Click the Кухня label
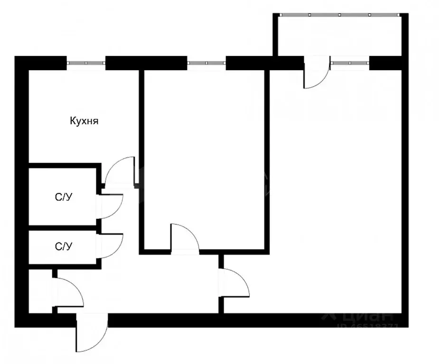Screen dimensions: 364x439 (84, 121)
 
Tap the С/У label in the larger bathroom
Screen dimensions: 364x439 (64, 198)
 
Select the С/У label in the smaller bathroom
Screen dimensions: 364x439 (64, 246)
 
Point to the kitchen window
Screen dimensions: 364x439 (85, 63)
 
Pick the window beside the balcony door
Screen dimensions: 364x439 (350, 63)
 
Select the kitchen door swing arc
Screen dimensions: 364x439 (119, 171)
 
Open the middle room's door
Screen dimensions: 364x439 (185, 238)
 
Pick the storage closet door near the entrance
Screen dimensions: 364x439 (68, 293)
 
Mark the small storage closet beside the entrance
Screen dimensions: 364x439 (40, 291)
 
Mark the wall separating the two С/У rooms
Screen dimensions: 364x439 (64, 228)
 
